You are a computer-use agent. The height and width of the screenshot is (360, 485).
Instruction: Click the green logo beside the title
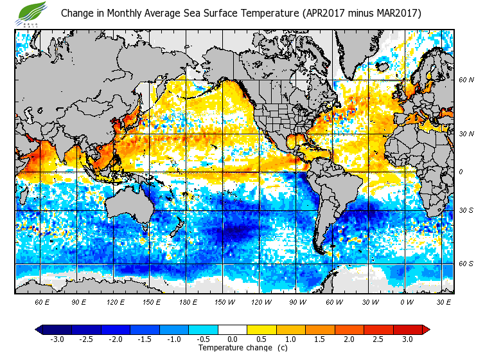click(x=33, y=12)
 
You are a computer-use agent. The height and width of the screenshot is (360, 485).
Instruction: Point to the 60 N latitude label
click(x=466, y=80)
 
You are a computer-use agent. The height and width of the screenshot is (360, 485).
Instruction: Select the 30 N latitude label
click(x=466, y=134)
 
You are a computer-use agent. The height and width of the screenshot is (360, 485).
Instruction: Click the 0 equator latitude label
click(x=461, y=172)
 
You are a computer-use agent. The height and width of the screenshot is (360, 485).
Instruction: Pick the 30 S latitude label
click(x=466, y=210)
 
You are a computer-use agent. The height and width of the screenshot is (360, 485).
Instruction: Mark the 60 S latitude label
click(x=466, y=264)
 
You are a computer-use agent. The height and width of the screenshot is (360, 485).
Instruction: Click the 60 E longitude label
click(x=42, y=301)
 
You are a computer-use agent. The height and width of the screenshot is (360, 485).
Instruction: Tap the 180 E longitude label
click(x=188, y=301)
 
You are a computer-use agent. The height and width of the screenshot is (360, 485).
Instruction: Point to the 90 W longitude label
click(x=296, y=301)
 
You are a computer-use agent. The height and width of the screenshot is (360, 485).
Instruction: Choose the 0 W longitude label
click(x=406, y=301)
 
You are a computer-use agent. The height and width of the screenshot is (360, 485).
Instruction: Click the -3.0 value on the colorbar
click(x=57, y=339)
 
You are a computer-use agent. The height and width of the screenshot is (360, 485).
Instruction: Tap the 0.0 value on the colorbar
click(x=233, y=339)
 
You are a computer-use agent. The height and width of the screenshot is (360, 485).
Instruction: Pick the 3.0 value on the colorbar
click(x=408, y=339)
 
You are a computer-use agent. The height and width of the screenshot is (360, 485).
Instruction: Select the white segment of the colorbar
click(x=233, y=329)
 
